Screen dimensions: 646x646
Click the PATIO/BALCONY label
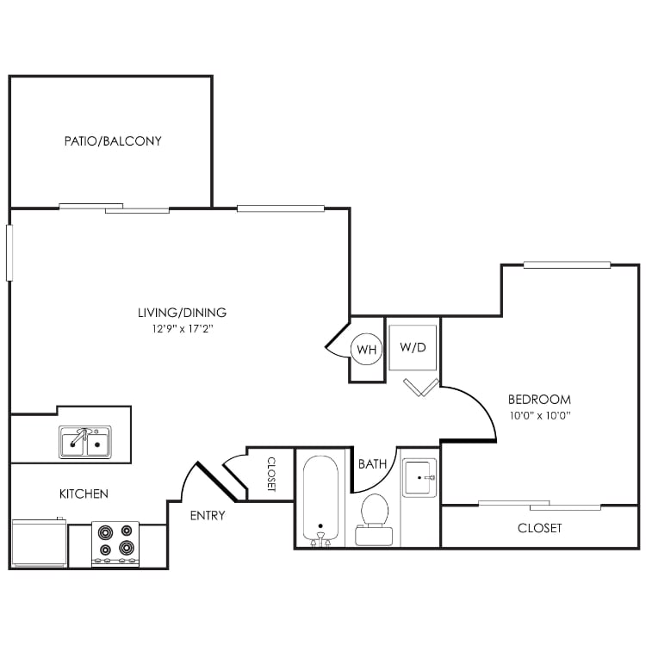[112, 140]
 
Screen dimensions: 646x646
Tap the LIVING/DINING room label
[182, 313]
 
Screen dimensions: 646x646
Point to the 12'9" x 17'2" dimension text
[182, 328]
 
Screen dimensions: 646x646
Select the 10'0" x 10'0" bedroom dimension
[539, 415]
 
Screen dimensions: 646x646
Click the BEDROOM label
[539, 400]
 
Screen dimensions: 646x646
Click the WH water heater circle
[367, 350]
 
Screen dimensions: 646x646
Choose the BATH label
[372, 464]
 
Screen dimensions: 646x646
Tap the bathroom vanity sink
[420, 476]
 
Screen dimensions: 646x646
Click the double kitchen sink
[85, 443]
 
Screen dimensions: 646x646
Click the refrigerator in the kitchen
[39, 543]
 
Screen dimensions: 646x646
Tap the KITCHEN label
[84, 494]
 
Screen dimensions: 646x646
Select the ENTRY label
[207, 516]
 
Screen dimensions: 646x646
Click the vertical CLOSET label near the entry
[270, 474]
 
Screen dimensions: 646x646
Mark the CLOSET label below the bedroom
[539, 527]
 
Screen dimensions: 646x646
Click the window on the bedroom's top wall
[567, 265]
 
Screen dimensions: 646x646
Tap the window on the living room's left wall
[10, 252]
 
